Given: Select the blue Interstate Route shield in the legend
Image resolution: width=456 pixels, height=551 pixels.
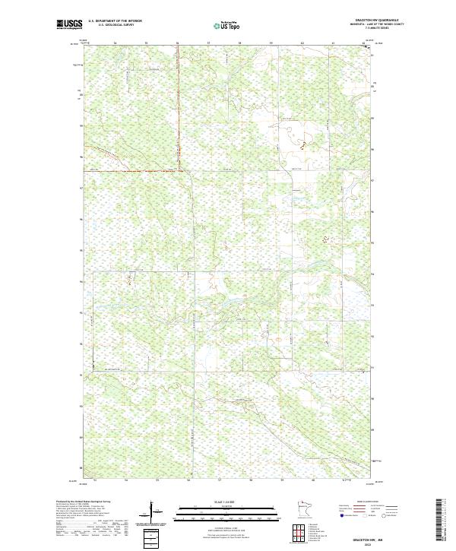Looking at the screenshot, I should click(341, 516).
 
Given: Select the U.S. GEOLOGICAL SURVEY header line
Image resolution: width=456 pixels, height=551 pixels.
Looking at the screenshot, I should click(115, 25).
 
